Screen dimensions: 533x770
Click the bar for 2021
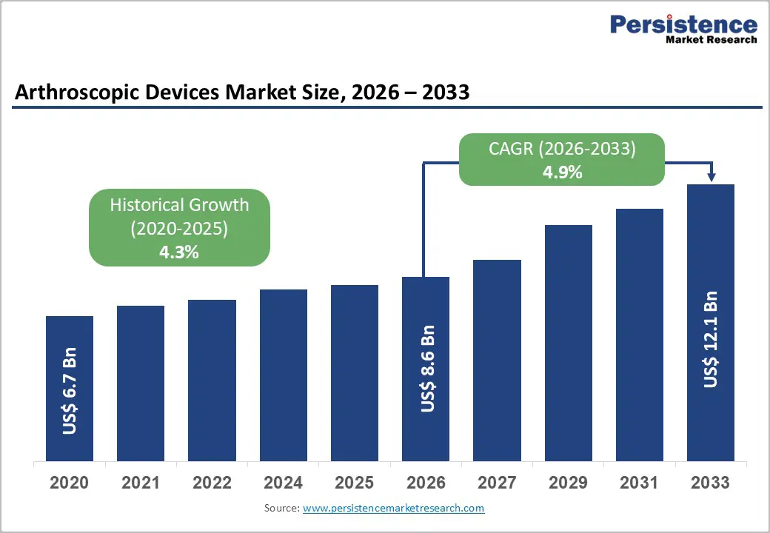[141, 383]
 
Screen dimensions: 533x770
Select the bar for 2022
[212, 380]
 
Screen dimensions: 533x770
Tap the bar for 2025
[355, 372]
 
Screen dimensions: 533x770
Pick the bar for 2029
[569, 343]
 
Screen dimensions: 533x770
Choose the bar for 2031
[640, 335]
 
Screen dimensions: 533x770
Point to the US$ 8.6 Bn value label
[426, 368]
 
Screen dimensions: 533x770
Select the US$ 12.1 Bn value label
[711, 340]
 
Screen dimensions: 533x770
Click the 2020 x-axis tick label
[70, 483]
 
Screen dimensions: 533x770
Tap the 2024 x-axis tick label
[284, 483]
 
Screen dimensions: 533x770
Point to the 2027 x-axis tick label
[497, 483]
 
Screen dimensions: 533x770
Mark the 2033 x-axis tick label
[711, 483]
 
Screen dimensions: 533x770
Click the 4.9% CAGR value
[562, 172]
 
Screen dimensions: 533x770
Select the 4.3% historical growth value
[179, 252]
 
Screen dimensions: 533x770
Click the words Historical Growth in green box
[179, 205]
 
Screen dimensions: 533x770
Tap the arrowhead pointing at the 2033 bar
[712, 177]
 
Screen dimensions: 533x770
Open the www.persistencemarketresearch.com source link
[393, 508]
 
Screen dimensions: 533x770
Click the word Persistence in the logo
[683, 24]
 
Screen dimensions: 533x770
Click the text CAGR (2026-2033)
[562, 149]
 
